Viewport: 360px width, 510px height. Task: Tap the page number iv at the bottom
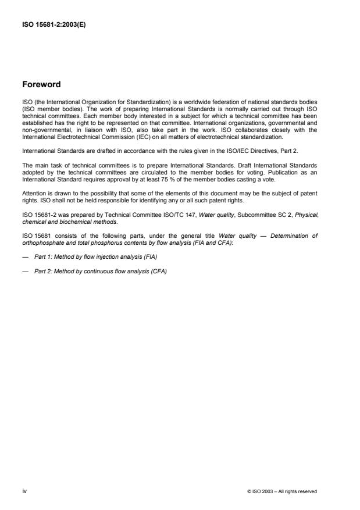click(x=24, y=491)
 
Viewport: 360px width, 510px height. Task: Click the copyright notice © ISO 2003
click(x=282, y=491)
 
